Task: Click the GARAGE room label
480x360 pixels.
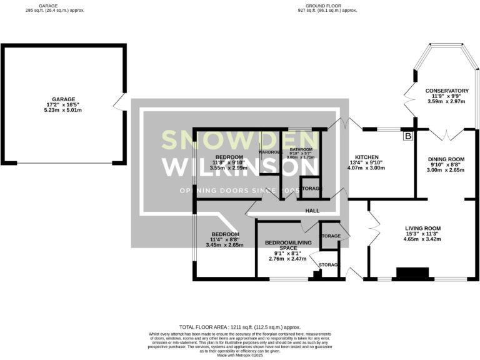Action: click(63, 99)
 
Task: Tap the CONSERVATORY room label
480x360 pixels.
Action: click(442, 91)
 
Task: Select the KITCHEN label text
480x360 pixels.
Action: click(367, 157)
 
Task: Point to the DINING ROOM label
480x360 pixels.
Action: click(446, 159)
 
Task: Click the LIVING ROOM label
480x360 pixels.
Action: click(423, 228)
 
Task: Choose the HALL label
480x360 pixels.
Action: click(312, 211)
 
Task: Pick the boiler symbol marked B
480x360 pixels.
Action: click(409, 136)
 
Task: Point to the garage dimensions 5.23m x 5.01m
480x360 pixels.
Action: click(63, 110)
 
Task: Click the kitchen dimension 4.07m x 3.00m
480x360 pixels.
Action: click(367, 168)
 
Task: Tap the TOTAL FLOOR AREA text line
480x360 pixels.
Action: click(240, 327)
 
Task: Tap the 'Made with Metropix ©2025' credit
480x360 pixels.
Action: click(240, 355)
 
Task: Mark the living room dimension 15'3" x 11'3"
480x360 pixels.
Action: click(423, 234)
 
